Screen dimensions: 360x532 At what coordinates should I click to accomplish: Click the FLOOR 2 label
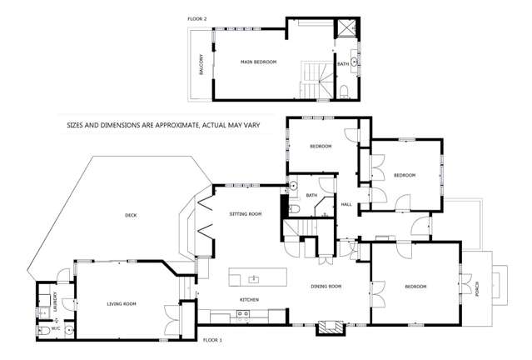(x=200, y=17)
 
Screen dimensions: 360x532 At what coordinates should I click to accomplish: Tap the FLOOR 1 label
(x=214, y=340)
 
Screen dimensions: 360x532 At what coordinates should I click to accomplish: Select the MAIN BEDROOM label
(x=258, y=62)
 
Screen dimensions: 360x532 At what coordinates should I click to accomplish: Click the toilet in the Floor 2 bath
(x=344, y=90)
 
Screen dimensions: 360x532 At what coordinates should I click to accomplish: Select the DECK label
(x=131, y=216)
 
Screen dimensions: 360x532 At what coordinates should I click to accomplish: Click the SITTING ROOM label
(x=246, y=214)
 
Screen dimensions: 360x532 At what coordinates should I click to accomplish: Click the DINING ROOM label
(x=326, y=287)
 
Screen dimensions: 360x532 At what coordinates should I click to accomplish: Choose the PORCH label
(x=477, y=287)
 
